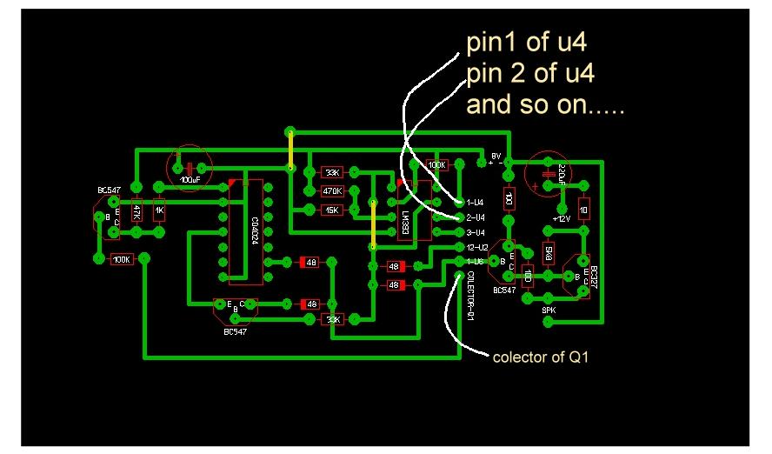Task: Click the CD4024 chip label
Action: click(x=254, y=229)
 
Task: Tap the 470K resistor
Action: click(x=332, y=190)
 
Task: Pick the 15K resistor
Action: click(x=332, y=210)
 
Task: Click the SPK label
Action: click(x=549, y=309)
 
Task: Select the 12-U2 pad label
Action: click(x=477, y=247)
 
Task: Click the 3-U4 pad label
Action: click(x=476, y=232)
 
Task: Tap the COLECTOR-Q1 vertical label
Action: click(x=469, y=297)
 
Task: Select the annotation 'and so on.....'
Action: click(x=545, y=105)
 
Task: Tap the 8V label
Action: click(x=497, y=156)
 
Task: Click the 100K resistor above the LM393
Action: click(x=436, y=164)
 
